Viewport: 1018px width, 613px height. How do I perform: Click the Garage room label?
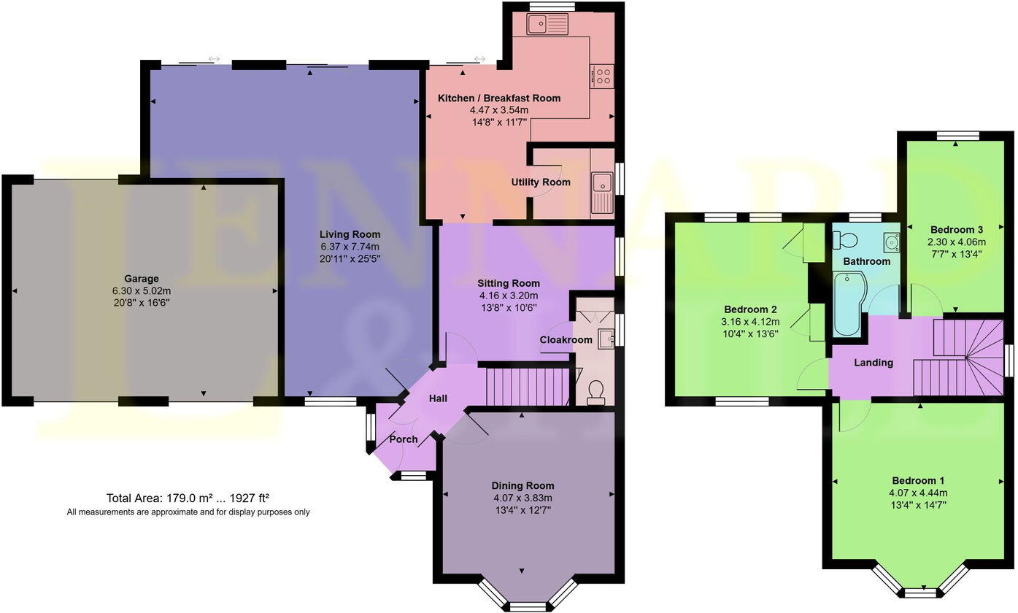142,279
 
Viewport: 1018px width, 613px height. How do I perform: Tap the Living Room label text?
350,234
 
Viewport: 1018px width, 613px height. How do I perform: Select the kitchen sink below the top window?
550,26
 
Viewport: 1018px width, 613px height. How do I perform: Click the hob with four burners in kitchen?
603,76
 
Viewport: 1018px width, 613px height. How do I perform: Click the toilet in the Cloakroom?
595,392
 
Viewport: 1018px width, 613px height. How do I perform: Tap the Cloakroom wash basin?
605,338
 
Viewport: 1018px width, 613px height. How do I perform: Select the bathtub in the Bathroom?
848,304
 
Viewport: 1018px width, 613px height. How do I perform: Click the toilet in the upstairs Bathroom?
846,240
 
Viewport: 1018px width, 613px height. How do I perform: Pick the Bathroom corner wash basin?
890,242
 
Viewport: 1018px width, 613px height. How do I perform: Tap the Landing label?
874,363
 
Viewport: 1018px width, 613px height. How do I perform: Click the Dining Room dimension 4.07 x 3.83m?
523,498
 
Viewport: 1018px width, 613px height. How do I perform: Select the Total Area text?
188,498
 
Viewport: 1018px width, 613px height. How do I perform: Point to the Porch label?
404,439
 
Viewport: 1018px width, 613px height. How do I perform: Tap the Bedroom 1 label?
918,481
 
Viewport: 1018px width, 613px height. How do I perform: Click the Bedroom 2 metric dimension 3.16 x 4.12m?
751,322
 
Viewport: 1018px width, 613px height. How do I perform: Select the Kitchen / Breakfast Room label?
499,98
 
